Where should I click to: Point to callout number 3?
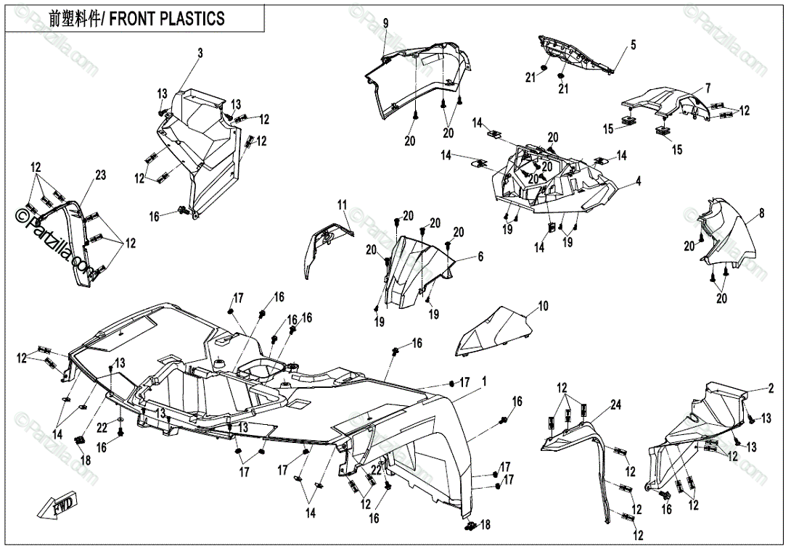click(200, 53)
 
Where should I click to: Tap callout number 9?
click(385, 24)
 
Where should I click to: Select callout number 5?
click(633, 45)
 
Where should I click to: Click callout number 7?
click(708, 88)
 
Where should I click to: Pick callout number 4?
click(639, 180)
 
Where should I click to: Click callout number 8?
click(761, 213)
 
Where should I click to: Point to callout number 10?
click(544, 306)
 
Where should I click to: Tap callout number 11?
click(342, 206)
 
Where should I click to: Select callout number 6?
click(480, 257)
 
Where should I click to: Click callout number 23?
click(100, 175)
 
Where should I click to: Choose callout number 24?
click(615, 405)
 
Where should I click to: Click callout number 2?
click(770, 389)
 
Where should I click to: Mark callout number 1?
click(484, 381)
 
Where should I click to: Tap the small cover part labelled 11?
click(324, 243)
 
